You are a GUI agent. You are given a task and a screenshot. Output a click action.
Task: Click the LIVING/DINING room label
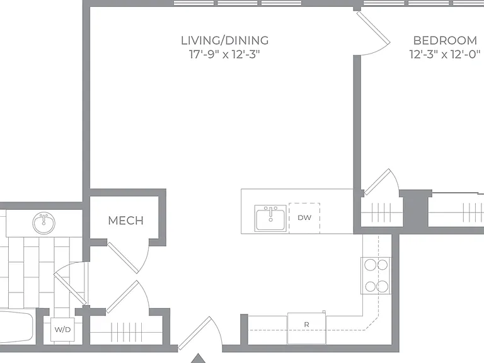tap(225, 40)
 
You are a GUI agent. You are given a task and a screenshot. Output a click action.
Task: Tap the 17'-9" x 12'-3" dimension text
tap(224, 55)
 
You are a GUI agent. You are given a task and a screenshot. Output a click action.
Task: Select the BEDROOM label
tap(445, 40)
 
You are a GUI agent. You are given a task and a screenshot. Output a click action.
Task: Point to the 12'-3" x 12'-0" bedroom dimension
tap(445, 55)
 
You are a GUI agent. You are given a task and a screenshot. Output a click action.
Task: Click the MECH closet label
tap(126, 221)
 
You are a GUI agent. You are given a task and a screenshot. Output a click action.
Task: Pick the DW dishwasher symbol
tap(304, 217)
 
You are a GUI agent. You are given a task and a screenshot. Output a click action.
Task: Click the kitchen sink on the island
tap(271, 218)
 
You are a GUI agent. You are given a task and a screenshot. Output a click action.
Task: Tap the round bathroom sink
tap(44, 223)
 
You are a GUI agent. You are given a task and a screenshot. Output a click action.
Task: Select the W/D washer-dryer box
tap(62, 330)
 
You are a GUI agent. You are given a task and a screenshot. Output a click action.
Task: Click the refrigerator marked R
tap(306, 328)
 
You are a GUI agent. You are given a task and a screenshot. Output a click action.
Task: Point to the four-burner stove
tap(376, 275)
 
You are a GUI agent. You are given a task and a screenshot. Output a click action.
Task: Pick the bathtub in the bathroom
tap(16, 326)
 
